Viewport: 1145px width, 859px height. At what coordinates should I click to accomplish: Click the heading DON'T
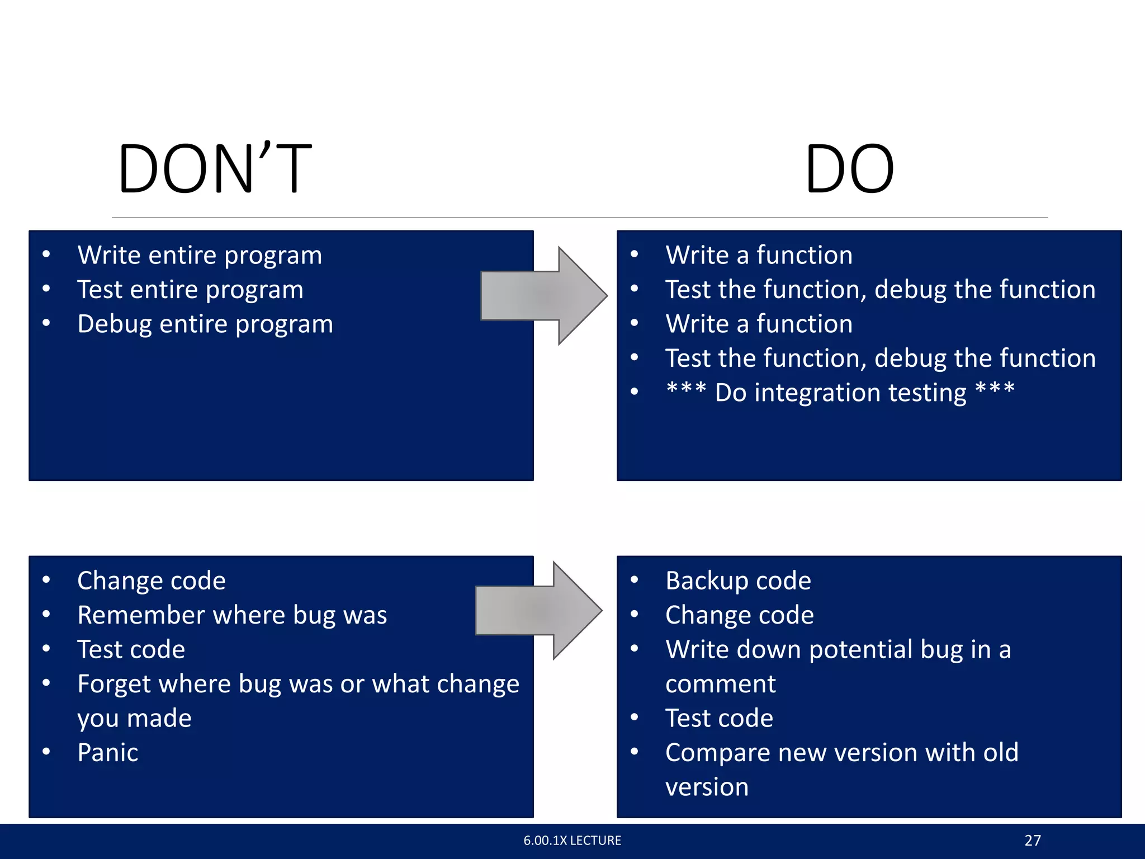coord(215,169)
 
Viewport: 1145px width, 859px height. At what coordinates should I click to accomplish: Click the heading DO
coord(849,169)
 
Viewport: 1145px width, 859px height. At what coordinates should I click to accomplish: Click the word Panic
coord(107,753)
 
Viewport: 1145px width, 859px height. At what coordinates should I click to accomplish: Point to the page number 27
coord(1033,841)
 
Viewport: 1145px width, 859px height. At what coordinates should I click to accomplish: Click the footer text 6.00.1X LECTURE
coord(572,841)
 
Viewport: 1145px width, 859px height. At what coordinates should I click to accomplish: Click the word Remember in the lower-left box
coord(141,615)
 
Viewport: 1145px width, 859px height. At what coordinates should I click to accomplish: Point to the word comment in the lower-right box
coord(720,684)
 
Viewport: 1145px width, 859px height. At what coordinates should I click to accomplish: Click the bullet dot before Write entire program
coord(46,255)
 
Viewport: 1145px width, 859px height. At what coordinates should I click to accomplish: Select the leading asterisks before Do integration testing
coord(686,388)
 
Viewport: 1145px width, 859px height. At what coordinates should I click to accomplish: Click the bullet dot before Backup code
coord(634,580)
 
